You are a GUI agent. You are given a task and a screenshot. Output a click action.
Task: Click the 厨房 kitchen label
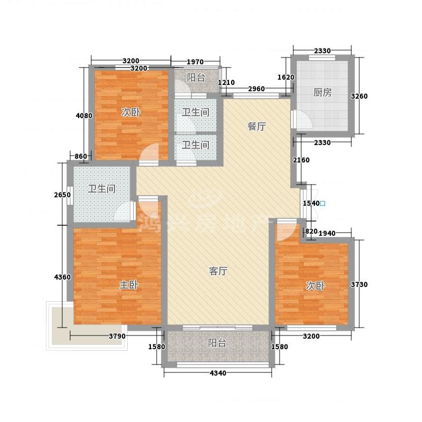click(322, 93)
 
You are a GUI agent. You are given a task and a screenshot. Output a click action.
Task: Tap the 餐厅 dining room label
click(257, 126)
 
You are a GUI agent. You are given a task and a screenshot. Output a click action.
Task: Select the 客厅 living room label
click(218, 271)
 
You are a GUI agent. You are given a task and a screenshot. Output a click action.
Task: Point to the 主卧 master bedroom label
click(129, 285)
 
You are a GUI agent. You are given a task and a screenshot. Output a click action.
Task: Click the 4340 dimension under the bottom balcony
click(218, 373)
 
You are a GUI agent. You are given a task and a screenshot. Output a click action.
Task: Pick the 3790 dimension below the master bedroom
click(117, 336)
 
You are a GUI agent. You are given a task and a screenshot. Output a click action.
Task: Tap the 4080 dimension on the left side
click(84, 116)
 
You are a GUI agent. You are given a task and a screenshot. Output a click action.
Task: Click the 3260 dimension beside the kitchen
click(359, 96)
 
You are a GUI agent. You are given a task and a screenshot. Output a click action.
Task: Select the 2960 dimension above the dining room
click(256, 89)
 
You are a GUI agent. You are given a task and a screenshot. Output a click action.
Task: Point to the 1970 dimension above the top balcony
click(195, 62)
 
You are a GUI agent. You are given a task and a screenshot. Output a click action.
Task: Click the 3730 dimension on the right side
click(359, 284)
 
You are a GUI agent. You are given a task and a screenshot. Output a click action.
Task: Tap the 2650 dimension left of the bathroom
click(62, 195)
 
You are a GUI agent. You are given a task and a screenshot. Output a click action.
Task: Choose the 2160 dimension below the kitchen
click(301, 160)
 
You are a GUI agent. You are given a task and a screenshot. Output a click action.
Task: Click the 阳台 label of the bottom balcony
click(217, 343)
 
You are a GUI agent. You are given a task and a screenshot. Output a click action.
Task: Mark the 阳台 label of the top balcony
click(196, 78)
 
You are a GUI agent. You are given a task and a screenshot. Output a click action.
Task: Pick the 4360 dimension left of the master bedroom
click(62, 277)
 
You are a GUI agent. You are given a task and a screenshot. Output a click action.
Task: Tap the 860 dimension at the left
click(81, 156)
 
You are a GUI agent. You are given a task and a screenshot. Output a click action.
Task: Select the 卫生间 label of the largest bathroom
click(102, 189)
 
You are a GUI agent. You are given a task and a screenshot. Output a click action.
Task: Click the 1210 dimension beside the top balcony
click(226, 83)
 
